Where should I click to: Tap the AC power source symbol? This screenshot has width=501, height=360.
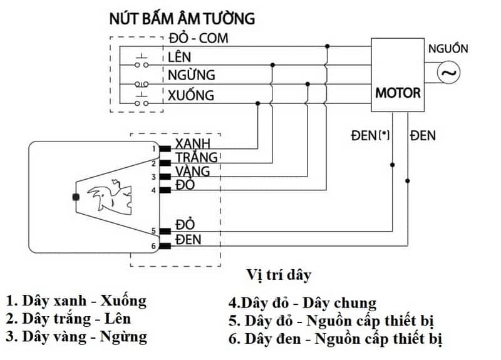(448, 74)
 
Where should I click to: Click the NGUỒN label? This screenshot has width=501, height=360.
(447, 49)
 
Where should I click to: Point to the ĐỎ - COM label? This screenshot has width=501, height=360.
(198, 38)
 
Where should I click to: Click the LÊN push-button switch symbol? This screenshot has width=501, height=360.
(142, 61)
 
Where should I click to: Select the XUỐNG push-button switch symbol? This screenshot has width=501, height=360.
(142, 100)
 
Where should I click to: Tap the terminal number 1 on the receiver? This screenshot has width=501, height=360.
(153, 149)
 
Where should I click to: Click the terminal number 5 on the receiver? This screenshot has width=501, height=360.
(153, 231)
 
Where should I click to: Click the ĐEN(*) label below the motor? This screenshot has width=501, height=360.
(371, 135)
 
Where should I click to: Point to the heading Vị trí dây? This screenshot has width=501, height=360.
(279, 275)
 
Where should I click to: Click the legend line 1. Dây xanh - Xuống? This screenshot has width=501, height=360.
(76, 300)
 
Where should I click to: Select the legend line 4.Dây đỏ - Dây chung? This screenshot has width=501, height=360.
(302, 304)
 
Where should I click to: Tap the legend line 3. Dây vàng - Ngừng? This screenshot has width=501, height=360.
(76, 336)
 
